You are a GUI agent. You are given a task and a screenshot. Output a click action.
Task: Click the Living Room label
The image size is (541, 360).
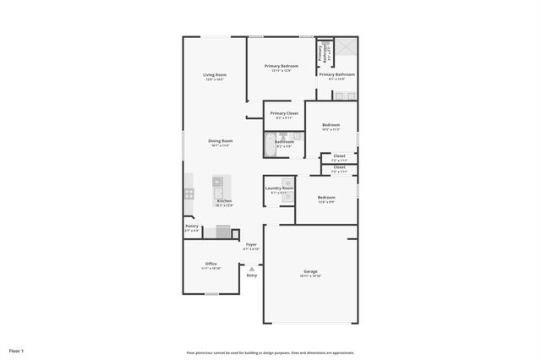click(215, 75)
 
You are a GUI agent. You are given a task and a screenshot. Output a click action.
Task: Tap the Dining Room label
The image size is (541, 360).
click(221, 141)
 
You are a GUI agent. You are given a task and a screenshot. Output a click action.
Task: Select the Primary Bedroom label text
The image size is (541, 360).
click(281, 66)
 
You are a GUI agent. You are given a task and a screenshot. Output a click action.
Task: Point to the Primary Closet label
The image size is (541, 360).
click(284, 113)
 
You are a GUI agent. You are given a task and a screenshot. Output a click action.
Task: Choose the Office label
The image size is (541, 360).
click(210, 264)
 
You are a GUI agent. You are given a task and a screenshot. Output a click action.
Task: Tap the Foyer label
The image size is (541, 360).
click(251, 245)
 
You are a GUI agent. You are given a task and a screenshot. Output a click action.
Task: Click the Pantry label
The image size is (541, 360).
click(192, 226)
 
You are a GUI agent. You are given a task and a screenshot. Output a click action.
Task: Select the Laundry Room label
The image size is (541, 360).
click(279, 188)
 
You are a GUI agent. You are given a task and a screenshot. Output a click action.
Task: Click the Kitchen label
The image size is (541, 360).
click(224, 201)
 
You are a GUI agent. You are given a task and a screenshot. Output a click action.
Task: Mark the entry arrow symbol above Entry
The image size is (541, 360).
click(251, 269)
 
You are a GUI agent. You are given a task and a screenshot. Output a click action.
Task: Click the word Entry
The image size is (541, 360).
click(251, 275)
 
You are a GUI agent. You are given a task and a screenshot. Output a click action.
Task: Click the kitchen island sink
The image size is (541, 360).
click(217, 181)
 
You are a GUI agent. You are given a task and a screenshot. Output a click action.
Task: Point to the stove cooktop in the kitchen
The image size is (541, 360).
click(189, 194)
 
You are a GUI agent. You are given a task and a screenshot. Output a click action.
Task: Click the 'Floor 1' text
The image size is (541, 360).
click(17, 351)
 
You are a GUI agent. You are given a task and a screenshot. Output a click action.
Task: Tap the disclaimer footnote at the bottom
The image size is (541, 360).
click(270, 352)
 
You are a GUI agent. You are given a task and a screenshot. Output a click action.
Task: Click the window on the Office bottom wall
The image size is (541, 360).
click(211, 294)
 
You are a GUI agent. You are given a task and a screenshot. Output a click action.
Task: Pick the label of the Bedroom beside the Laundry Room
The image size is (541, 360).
click(326, 198)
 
